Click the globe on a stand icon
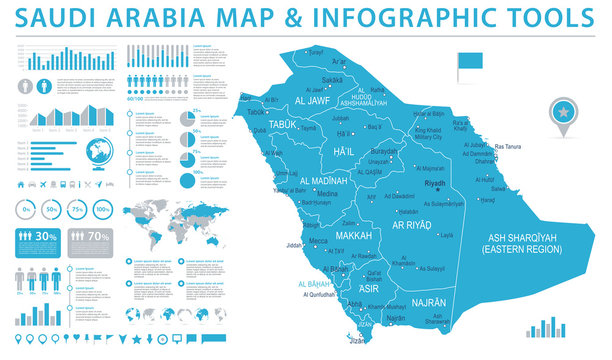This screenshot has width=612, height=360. coord(101,153)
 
